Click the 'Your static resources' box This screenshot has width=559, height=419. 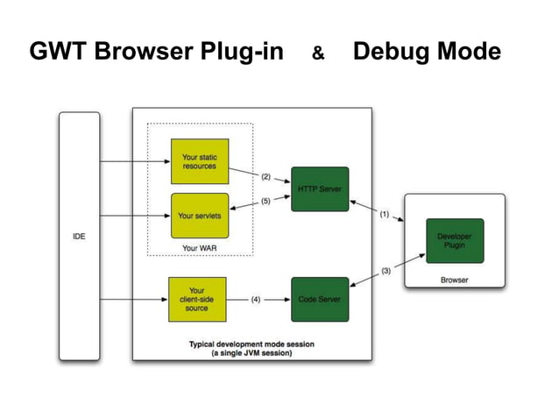199,161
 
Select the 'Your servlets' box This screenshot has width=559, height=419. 199,215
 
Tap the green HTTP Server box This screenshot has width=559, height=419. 319,188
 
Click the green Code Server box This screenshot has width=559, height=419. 319,299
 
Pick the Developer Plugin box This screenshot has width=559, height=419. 455,241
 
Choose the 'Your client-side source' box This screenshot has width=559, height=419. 197,299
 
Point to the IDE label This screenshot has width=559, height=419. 79,237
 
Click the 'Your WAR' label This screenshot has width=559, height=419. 199,248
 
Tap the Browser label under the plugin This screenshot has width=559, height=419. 454,281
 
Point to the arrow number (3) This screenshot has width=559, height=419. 386,271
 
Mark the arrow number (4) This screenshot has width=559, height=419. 256,299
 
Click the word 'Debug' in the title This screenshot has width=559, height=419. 390,53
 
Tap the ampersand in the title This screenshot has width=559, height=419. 319,55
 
